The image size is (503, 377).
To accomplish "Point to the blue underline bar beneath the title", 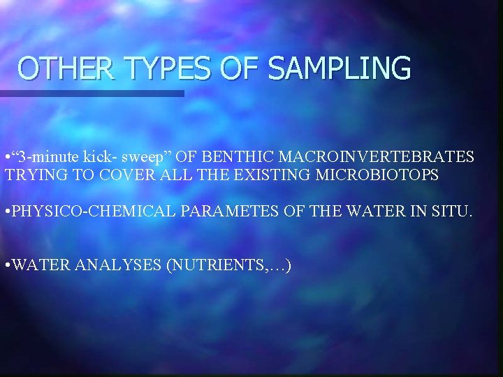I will click(x=92, y=93).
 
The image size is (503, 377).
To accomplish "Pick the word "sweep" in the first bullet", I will click(x=156, y=156).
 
